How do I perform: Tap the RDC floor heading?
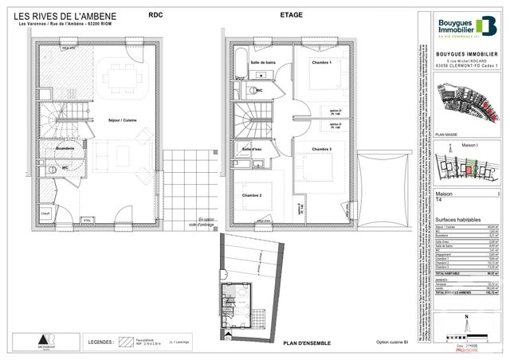point(152,14)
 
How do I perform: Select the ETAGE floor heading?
point(289,14)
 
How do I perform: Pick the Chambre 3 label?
point(321,150)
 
